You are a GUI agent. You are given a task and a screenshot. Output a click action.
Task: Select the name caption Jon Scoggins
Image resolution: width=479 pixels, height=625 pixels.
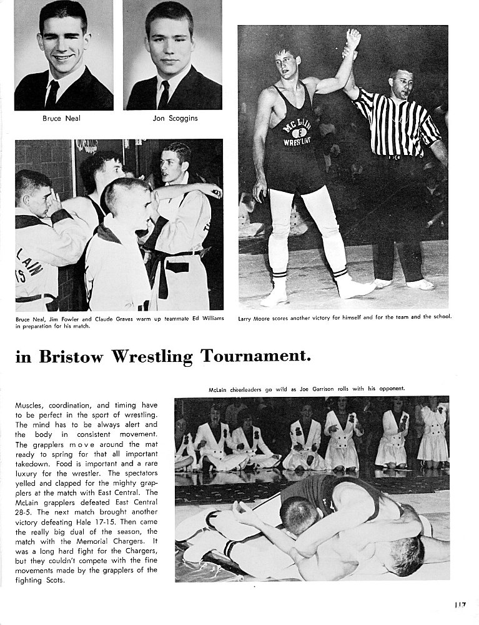click(175, 118)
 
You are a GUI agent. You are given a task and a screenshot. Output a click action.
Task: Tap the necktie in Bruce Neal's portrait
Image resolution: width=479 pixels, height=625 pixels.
click(52, 94)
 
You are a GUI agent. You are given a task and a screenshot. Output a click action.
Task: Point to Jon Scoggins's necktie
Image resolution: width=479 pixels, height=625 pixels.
click(164, 94)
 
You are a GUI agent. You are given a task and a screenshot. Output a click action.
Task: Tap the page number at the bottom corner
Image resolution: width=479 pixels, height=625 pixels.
click(462, 605)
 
